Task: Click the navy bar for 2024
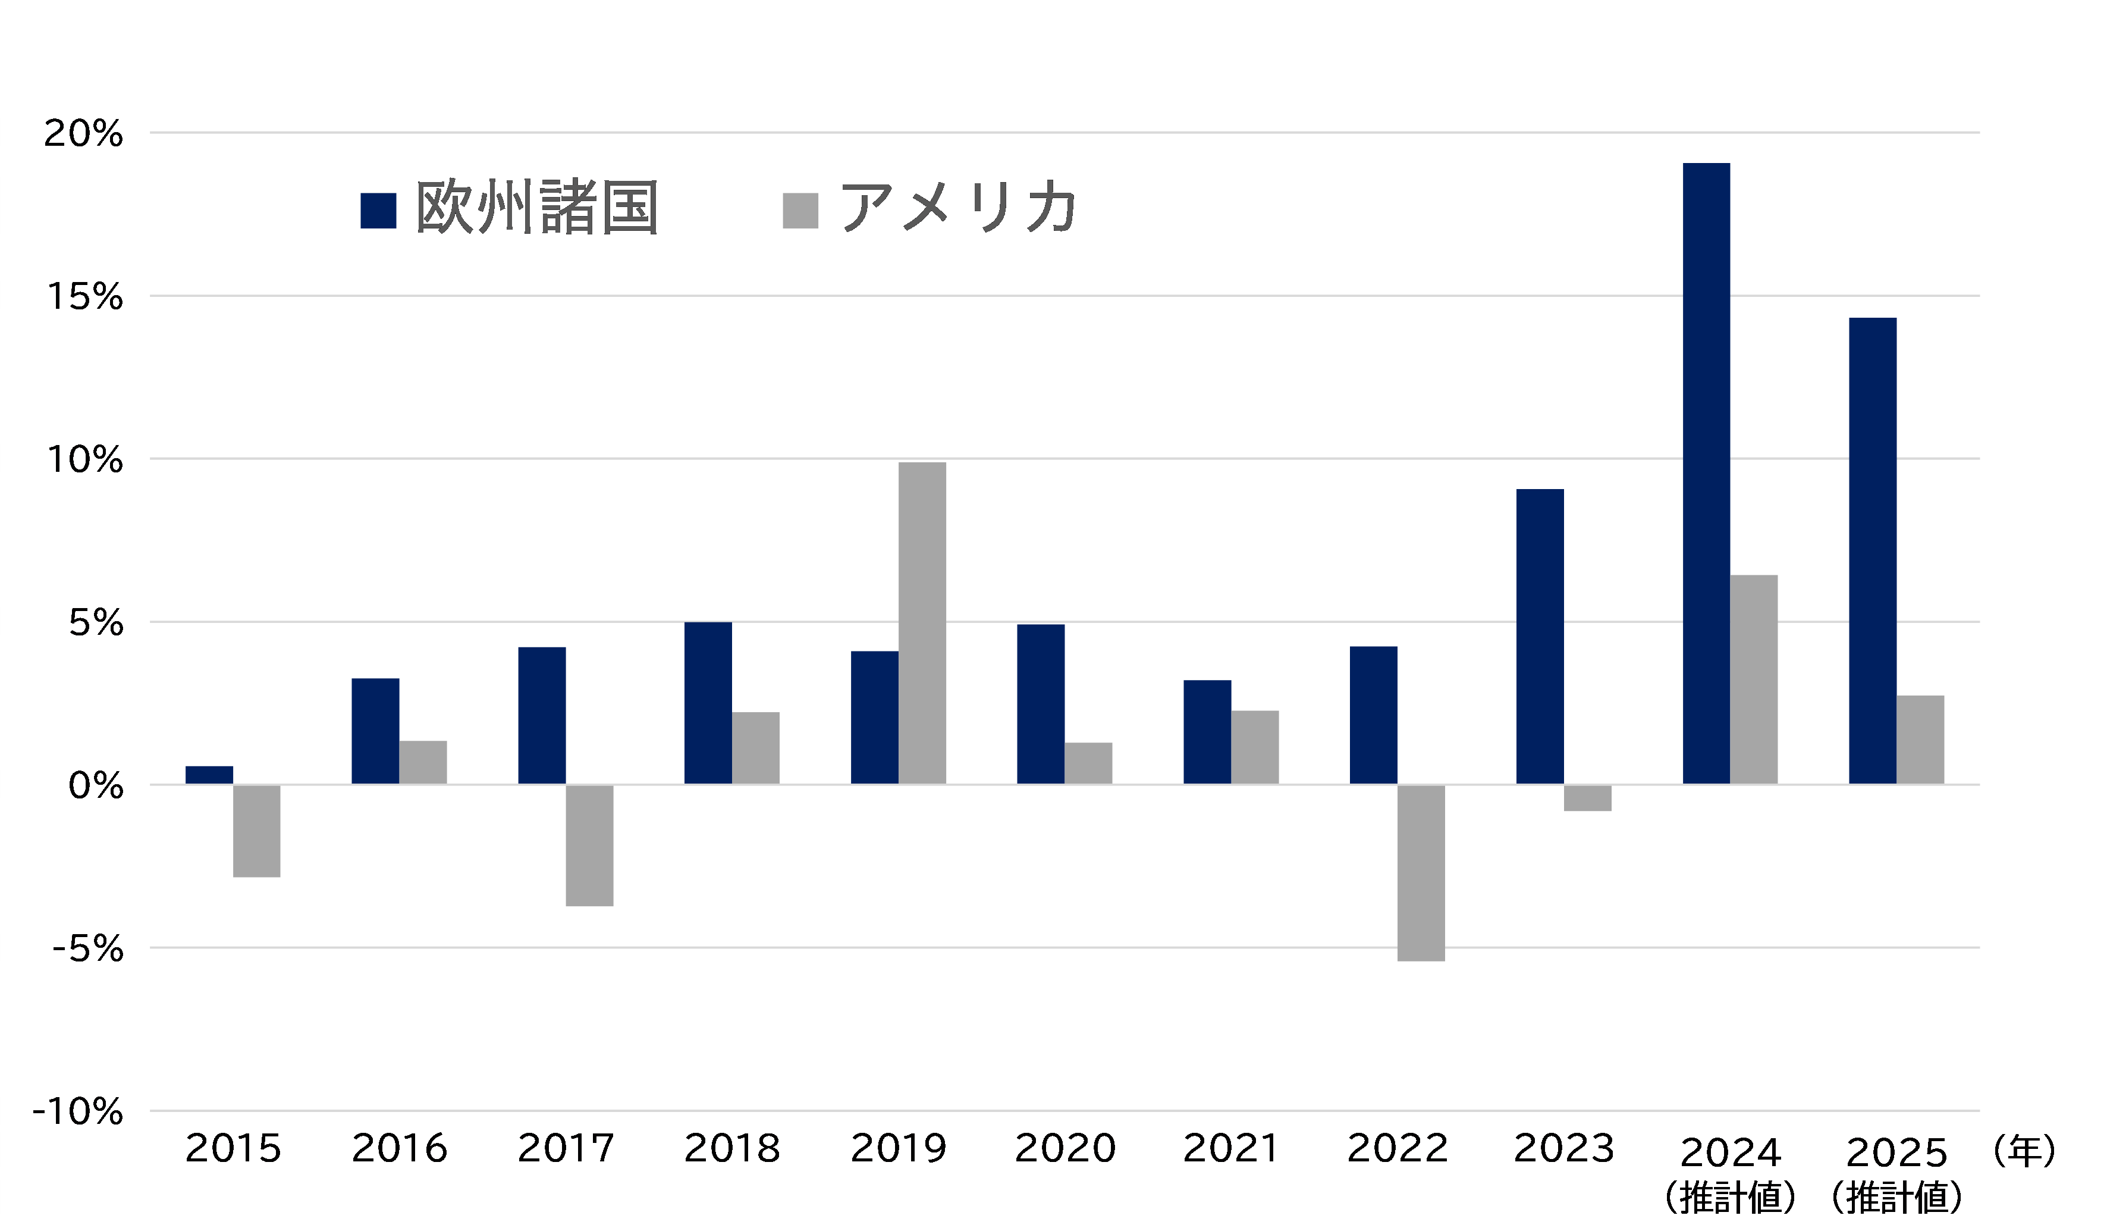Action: (1706, 474)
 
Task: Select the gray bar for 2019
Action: (922, 623)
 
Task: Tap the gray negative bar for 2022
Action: (1421, 873)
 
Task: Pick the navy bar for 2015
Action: (209, 775)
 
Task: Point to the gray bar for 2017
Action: (589, 845)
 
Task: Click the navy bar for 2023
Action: (1539, 637)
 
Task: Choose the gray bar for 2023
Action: (1587, 798)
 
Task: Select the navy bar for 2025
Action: (1872, 551)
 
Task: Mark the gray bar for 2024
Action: (1753, 679)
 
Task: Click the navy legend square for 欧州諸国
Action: (378, 211)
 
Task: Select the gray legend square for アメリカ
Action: (800, 211)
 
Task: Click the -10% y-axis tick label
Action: (78, 1112)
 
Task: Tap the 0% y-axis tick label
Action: (95, 786)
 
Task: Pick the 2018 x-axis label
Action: (731, 1148)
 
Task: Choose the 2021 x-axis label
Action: (1231, 1148)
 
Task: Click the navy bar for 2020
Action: (1040, 704)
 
